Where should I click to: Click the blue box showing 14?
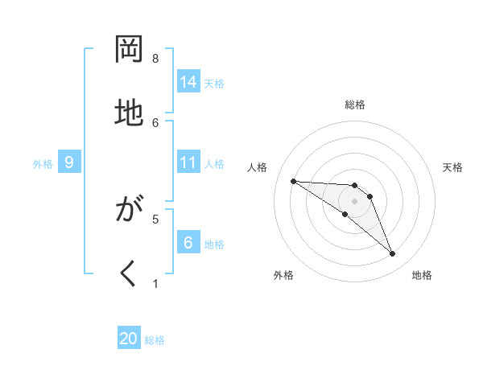coord(188,82)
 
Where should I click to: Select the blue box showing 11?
coord(188,162)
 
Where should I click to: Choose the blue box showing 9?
coord(69,162)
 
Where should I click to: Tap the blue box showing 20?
coord(129,339)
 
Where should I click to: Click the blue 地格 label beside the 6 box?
coord(214,244)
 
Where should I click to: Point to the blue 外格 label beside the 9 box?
coord(43,164)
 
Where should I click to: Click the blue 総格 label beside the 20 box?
coord(155,340)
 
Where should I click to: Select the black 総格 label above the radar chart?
coord(354,105)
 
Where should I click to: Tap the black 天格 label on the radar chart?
coord(452,167)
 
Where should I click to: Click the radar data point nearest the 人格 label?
coord(293,181)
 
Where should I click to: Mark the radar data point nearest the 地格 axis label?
coord(392,254)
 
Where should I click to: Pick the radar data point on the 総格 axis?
coord(354,185)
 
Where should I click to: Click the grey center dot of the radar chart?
coord(354,200)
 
